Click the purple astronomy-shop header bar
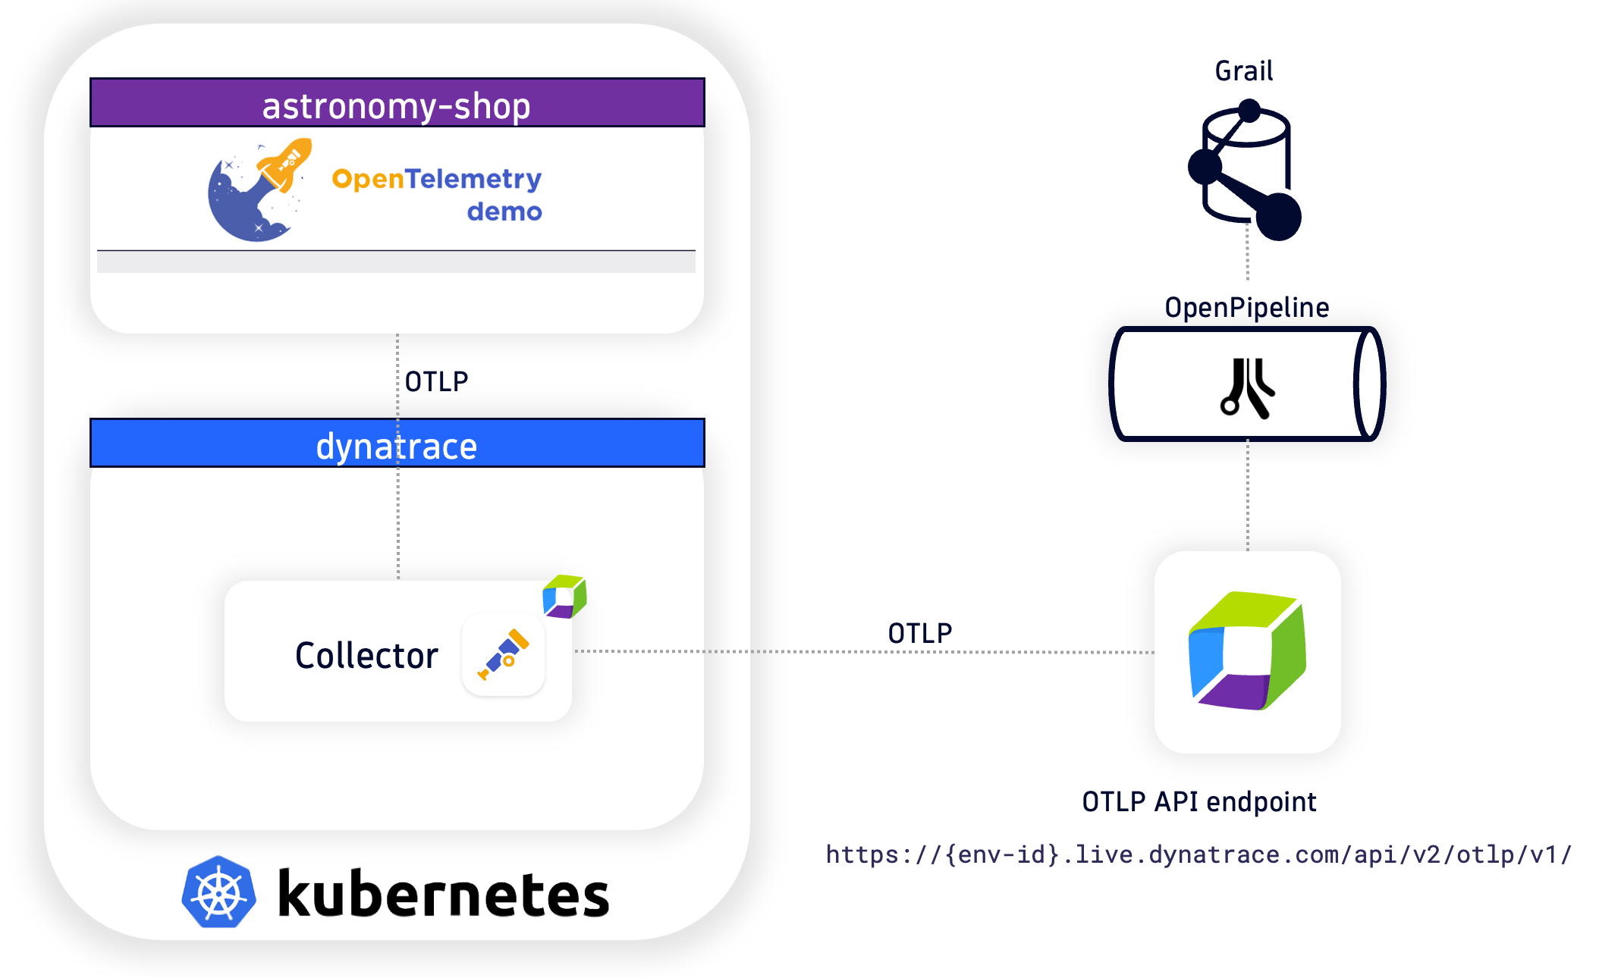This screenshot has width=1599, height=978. click(x=397, y=103)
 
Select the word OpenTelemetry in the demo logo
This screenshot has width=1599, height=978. click(x=436, y=179)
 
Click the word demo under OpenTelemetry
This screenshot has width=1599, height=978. click(x=504, y=212)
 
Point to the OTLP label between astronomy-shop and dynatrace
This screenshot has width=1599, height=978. click(x=436, y=381)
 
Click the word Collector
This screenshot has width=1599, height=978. click(x=366, y=655)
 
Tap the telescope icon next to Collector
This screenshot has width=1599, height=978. click(x=503, y=654)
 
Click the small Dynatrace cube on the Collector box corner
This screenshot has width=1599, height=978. click(x=564, y=596)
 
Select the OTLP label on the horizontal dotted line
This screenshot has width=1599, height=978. click(x=919, y=633)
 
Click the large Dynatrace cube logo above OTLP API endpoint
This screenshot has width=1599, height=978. click(x=1247, y=651)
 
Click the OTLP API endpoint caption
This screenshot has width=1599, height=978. click(x=1198, y=801)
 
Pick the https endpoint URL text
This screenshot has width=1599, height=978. click(x=1198, y=854)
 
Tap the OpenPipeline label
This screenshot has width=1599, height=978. click(x=1246, y=307)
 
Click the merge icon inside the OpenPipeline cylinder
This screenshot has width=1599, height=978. click(x=1247, y=387)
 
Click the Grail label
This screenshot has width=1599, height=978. click(x=1243, y=71)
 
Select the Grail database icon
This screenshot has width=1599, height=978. click(x=1246, y=170)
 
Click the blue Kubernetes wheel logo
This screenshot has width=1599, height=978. click(x=218, y=892)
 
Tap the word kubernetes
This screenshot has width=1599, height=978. click(x=443, y=894)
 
